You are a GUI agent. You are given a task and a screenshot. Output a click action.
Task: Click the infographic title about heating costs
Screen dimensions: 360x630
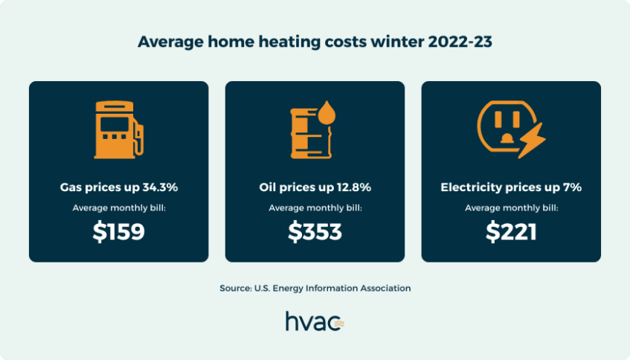click(x=315, y=42)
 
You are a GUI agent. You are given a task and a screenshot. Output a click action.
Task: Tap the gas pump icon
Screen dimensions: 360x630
click(x=115, y=129)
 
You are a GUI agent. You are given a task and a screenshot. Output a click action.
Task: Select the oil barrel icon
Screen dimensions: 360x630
click(x=307, y=132)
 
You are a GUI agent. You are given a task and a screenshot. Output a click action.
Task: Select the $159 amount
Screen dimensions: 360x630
click(x=118, y=232)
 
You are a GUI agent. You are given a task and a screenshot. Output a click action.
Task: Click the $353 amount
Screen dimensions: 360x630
click(x=315, y=232)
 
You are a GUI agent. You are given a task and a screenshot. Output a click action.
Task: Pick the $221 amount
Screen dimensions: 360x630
click(x=511, y=232)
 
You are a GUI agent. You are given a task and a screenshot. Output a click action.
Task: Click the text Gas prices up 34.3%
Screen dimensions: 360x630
click(x=118, y=187)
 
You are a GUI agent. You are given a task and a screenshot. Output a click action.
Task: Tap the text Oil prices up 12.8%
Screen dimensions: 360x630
click(x=315, y=187)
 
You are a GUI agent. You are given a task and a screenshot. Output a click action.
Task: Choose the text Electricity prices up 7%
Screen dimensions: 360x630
click(x=511, y=187)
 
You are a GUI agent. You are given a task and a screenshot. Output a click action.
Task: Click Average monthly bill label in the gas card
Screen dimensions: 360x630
click(x=118, y=208)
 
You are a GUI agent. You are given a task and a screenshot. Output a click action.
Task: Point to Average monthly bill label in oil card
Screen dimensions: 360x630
click(x=315, y=208)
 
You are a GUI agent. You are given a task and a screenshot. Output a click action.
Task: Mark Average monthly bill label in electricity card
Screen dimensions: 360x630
click(x=511, y=208)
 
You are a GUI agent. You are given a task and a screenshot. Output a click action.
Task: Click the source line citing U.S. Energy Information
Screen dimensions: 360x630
click(x=315, y=288)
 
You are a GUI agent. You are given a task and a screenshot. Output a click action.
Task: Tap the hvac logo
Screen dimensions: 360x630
click(x=314, y=321)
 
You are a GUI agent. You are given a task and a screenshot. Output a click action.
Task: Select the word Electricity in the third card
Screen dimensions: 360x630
click(x=472, y=187)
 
